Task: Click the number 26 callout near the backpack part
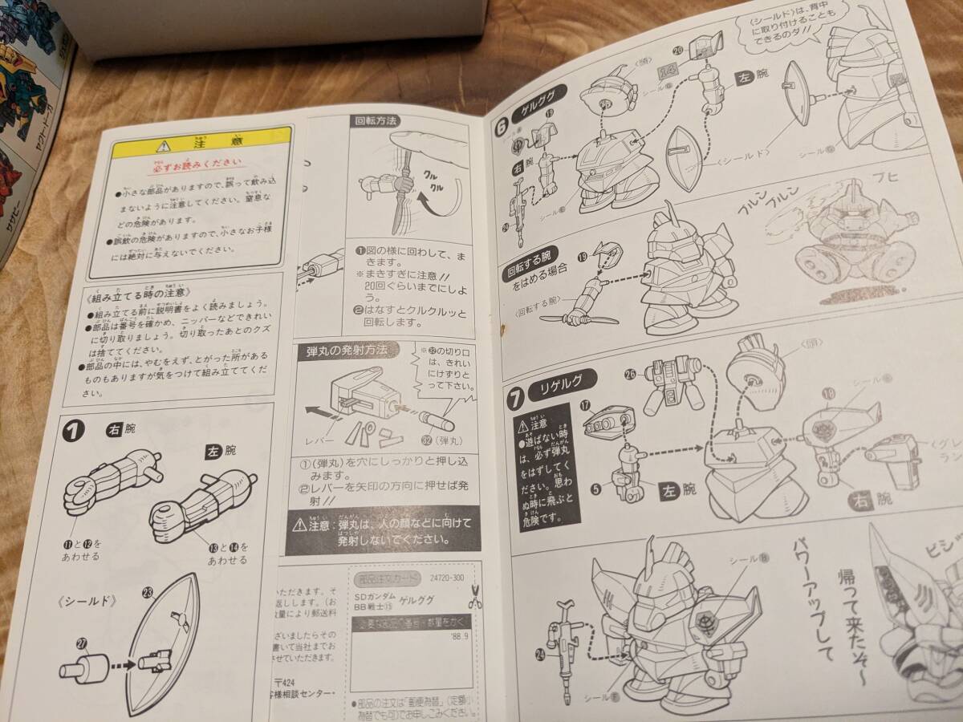coord(629,374)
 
